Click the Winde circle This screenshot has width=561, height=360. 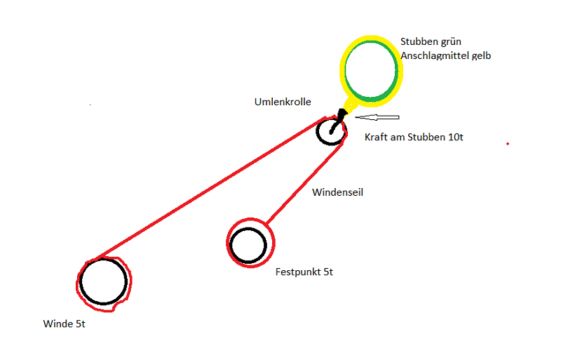(103, 282)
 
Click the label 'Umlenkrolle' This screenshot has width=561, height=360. (282, 102)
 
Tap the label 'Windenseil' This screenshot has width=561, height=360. (338, 191)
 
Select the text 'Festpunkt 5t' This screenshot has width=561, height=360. (304, 272)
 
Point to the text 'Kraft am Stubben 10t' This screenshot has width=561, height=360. (414, 138)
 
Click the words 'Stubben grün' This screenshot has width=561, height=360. (430, 41)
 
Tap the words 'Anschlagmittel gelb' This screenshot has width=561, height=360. (445, 55)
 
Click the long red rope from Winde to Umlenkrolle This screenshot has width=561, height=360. (210, 187)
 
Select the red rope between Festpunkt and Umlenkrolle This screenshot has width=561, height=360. (302, 182)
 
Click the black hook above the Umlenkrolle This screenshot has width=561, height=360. (341, 116)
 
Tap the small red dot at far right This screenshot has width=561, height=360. (507, 144)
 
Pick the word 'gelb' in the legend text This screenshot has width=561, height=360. (481, 55)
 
